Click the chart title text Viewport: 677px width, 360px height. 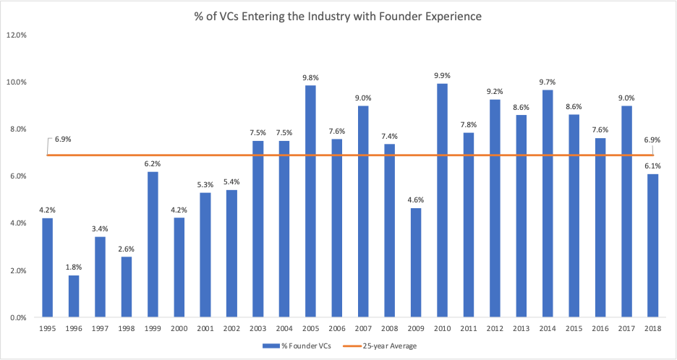pyautogui.click(x=338, y=16)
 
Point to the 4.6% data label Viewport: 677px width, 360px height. pyautogui.click(x=415, y=199)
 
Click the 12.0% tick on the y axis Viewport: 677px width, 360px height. pyautogui.click(x=17, y=35)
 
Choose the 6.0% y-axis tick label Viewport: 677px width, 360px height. pyautogui.click(x=18, y=176)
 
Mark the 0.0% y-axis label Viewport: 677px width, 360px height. pyautogui.click(x=18, y=317)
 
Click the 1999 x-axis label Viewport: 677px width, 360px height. pyautogui.click(x=153, y=328)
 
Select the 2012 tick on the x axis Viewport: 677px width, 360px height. pyautogui.click(x=494, y=328)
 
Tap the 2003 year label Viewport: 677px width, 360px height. pyautogui.click(x=257, y=328)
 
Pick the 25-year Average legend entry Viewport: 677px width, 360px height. pyautogui.click(x=387, y=346)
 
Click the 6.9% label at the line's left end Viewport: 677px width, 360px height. pyautogui.click(x=62, y=139)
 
